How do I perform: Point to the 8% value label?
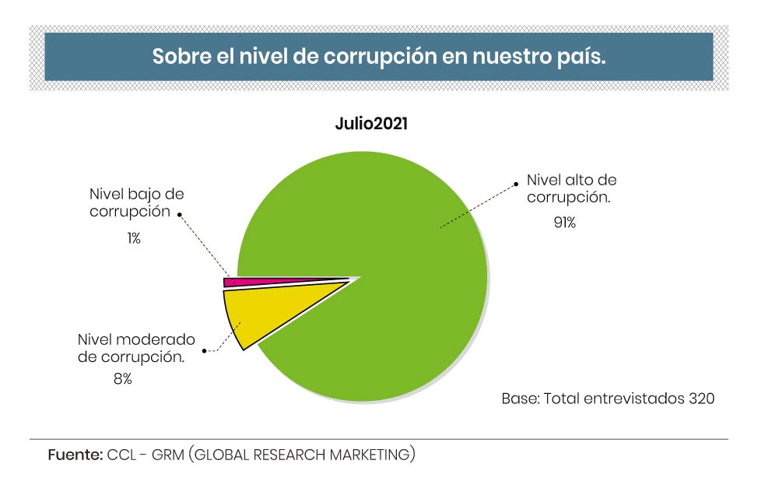click(122, 379)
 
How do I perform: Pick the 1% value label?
click(134, 238)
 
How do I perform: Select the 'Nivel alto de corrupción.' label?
click(570, 188)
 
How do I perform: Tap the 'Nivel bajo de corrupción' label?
click(136, 202)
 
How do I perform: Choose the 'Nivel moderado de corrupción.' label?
click(135, 349)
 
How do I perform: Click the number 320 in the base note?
click(701, 399)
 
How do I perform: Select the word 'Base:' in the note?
click(520, 399)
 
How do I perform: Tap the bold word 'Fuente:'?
click(75, 455)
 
